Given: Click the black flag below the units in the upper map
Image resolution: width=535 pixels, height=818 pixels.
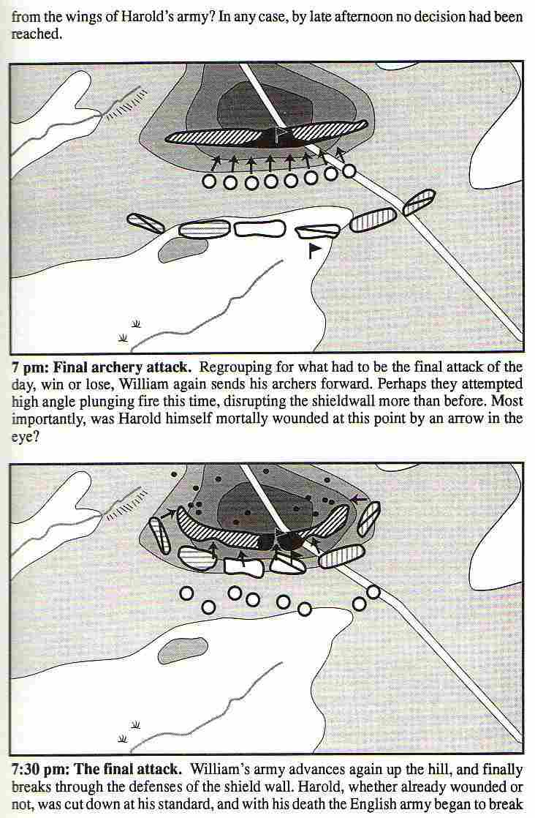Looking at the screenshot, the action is (x=315, y=250).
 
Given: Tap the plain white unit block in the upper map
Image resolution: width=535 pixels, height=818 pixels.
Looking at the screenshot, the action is (x=260, y=228).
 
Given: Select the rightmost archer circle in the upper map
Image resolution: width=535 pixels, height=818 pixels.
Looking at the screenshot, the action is (x=349, y=170).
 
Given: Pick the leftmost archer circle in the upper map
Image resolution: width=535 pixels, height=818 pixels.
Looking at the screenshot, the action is (x=210, y=181).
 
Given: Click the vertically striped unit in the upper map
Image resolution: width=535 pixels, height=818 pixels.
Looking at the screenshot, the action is (x=373, y=219).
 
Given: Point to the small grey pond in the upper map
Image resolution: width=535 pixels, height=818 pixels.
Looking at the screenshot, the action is (x=182, y=248).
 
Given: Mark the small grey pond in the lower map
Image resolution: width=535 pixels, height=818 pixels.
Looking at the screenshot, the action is (x=182, y=650).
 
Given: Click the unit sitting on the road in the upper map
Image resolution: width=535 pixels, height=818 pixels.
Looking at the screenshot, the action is (x=419, y=202).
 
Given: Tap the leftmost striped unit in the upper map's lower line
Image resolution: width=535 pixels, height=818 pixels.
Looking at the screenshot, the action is (x=145, y=223).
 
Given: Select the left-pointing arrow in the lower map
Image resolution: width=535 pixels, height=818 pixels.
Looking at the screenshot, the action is (x=358, y=499).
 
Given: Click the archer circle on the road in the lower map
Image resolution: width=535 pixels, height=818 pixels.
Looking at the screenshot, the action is (x=373, y=592).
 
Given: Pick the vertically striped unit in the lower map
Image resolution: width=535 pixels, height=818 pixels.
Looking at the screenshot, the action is (x=341, y=556).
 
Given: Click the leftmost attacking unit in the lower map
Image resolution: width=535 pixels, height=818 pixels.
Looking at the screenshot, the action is (x=159, y=536).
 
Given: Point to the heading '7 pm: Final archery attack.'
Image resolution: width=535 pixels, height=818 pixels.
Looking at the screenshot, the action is (x=101, y=367).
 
